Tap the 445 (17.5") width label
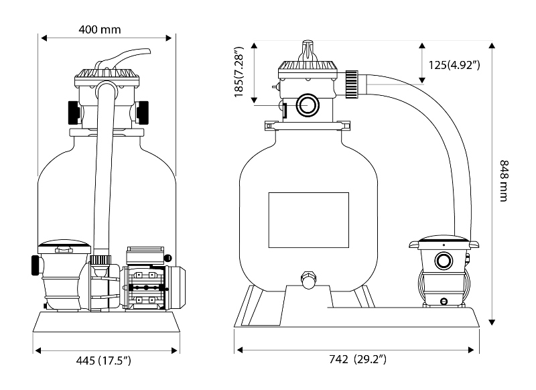pos(106,361)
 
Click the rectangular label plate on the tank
pos(308,219)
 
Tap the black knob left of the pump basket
pos(33,264)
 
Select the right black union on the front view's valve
pos(142,112)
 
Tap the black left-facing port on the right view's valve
pos(283,109)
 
